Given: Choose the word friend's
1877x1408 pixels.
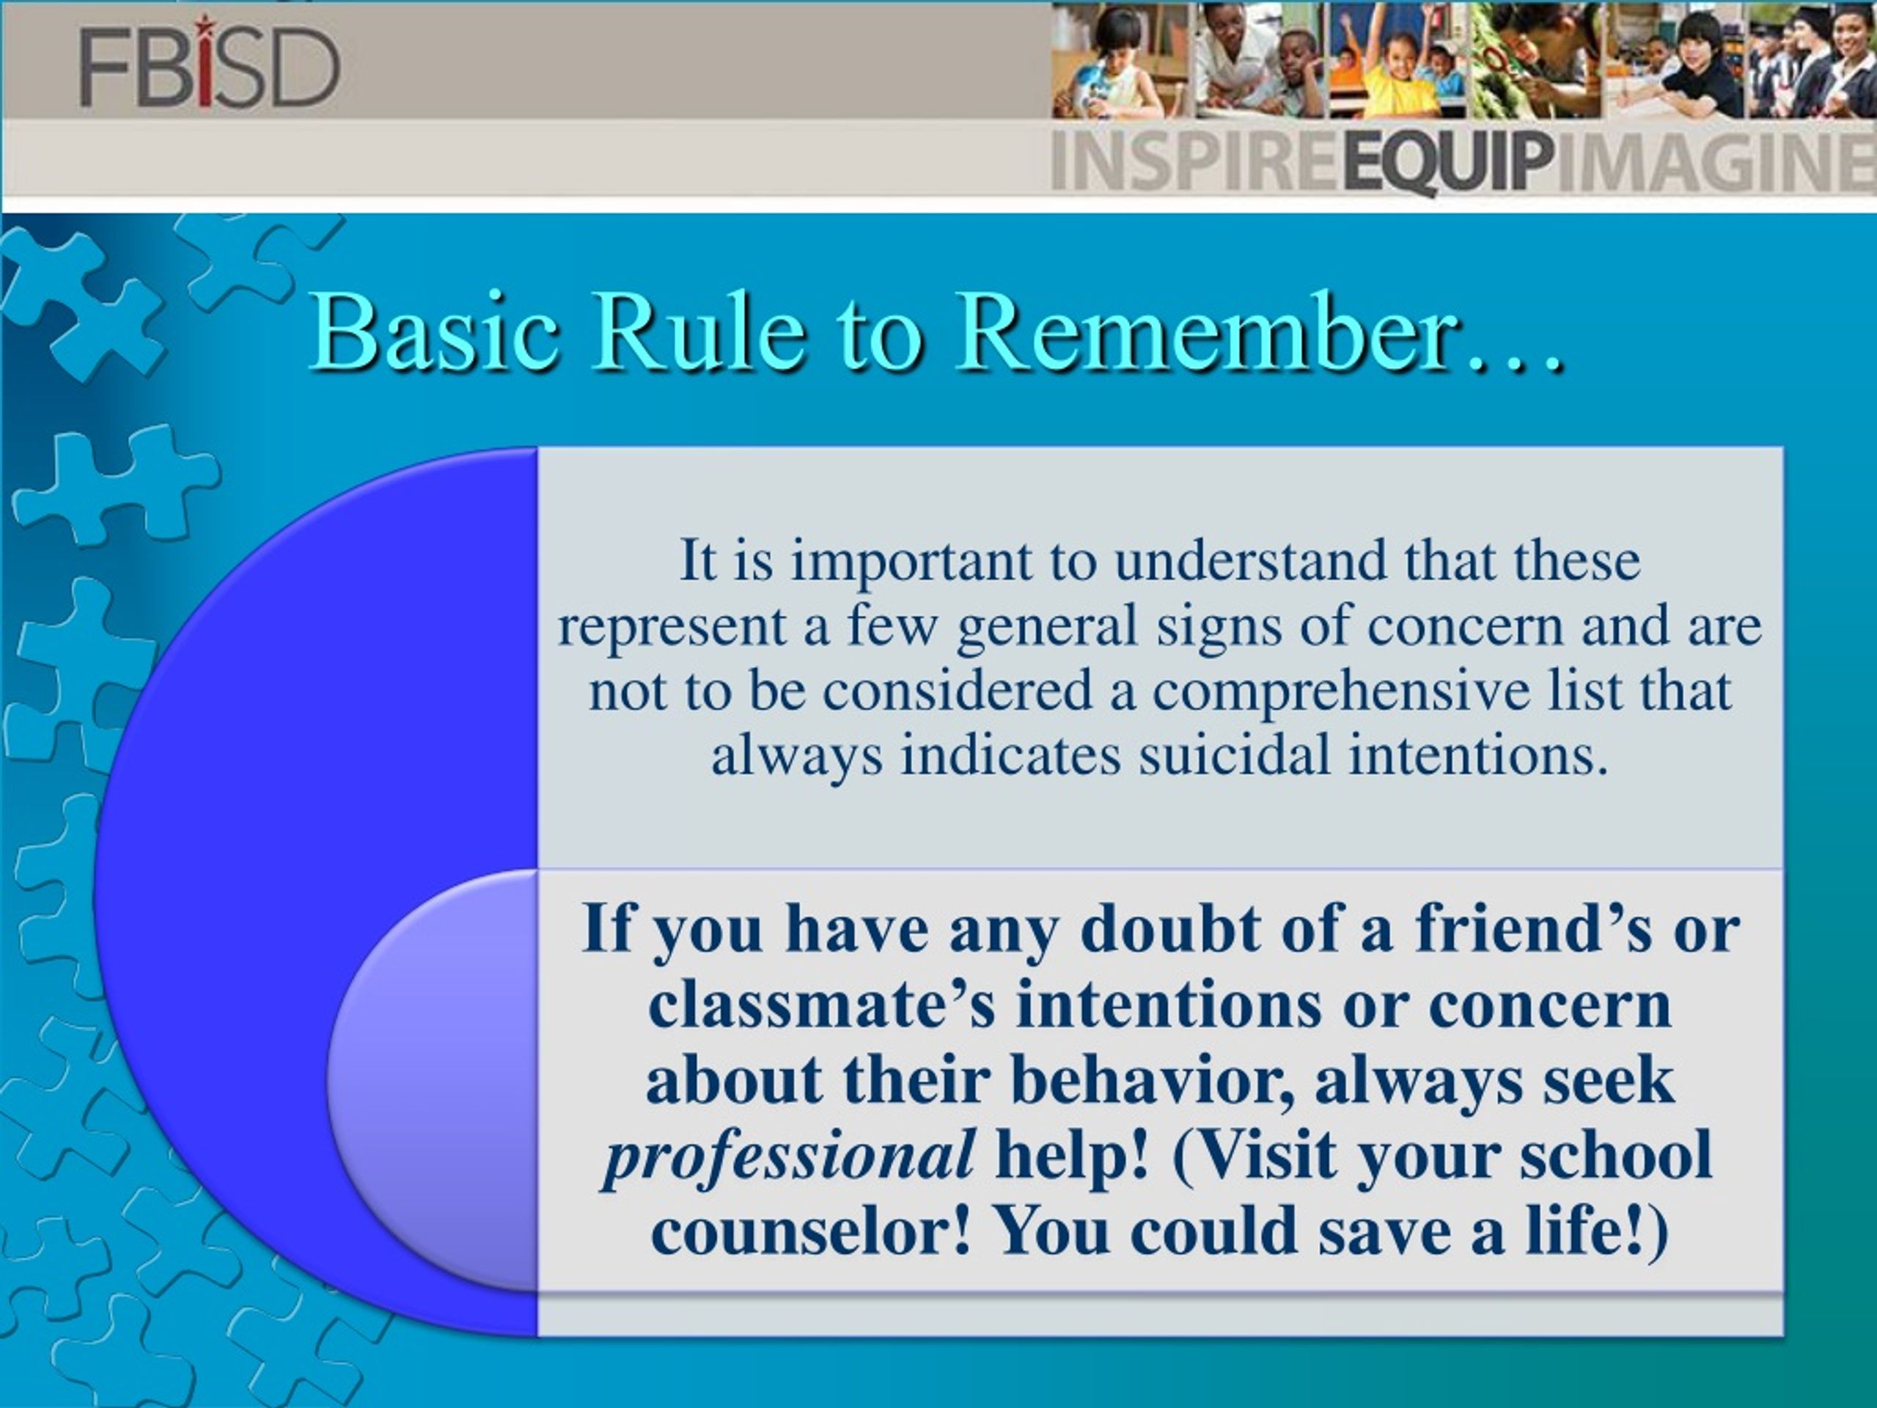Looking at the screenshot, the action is [1533, 929].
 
